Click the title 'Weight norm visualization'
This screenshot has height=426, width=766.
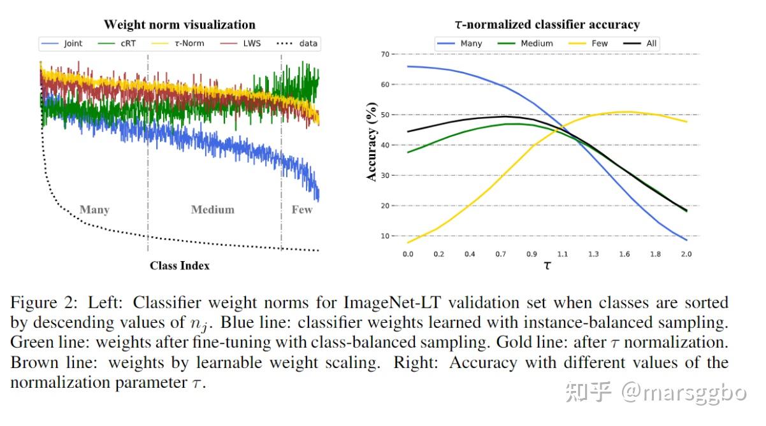coord(179,25)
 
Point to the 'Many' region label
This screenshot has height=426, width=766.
coord(94,209)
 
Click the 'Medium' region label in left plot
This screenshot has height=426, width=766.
coord(213,209)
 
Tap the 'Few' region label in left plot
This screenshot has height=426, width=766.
coord(302,209)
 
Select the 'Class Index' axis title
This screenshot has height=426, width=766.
coord(179,266)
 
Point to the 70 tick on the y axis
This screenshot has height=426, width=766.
coord(384,54)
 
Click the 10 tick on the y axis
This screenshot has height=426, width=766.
coord(384,236)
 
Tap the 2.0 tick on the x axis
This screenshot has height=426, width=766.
coord(686,254)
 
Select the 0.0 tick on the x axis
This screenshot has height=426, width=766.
coord(408,254)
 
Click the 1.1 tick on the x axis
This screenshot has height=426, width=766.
coord(562,254)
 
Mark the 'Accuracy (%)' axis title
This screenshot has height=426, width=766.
coord(372,142)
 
